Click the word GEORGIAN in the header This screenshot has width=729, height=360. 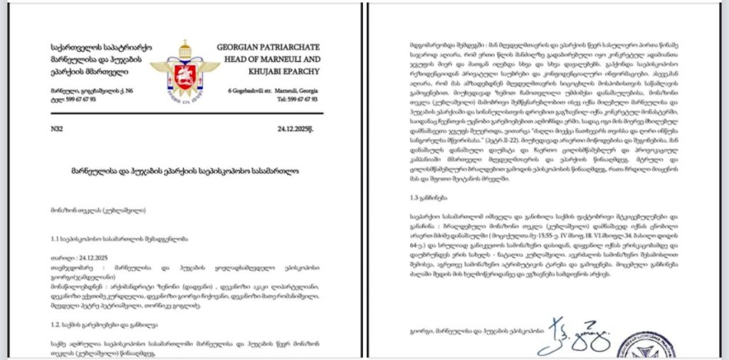(238, 48)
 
